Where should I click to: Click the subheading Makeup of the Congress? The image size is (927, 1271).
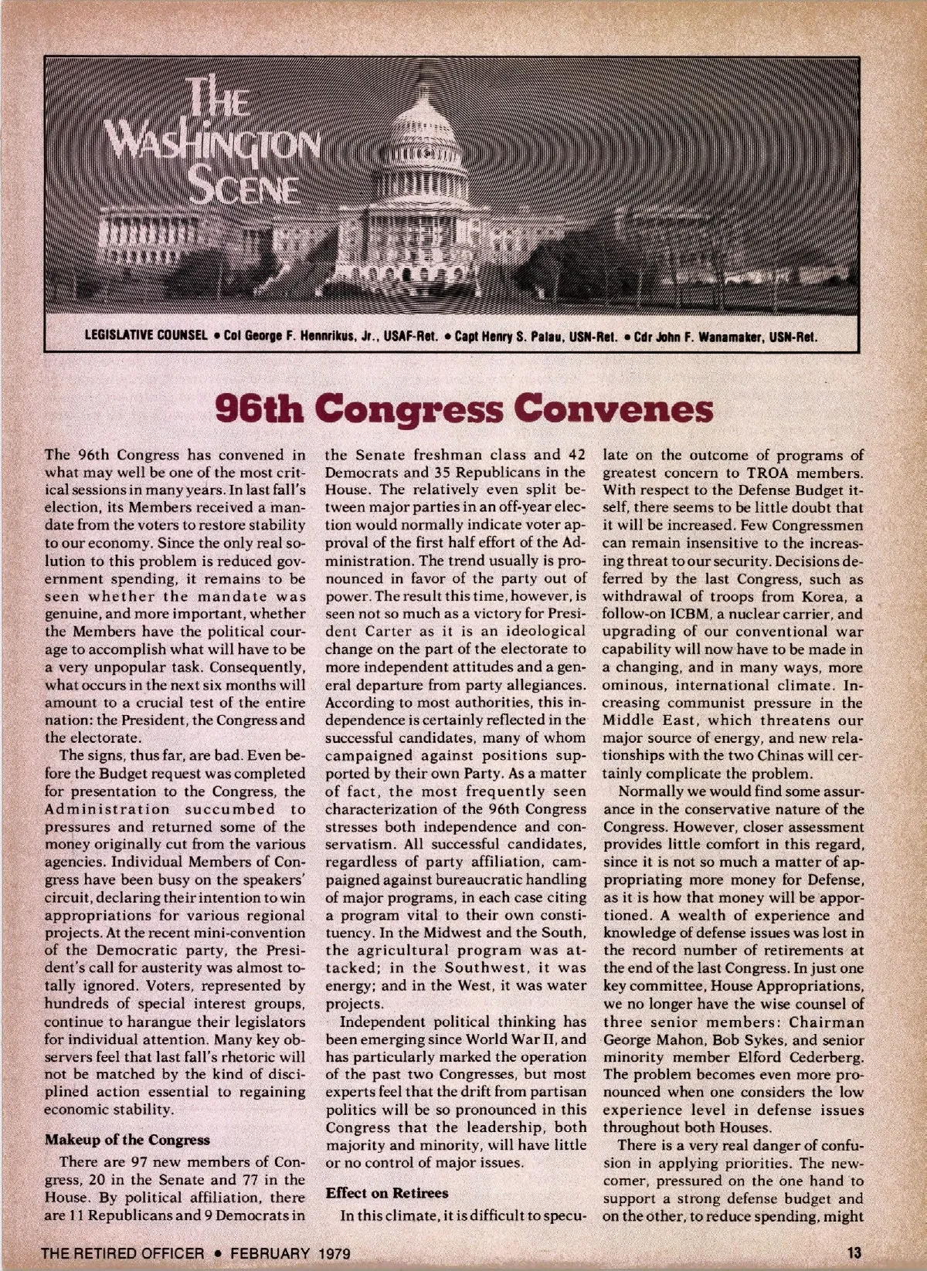click(x=127, y=1140)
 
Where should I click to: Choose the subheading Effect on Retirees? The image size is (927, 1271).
click(x=386, y=1192)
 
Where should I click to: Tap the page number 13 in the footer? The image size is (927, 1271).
click(x=854, y=1251)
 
